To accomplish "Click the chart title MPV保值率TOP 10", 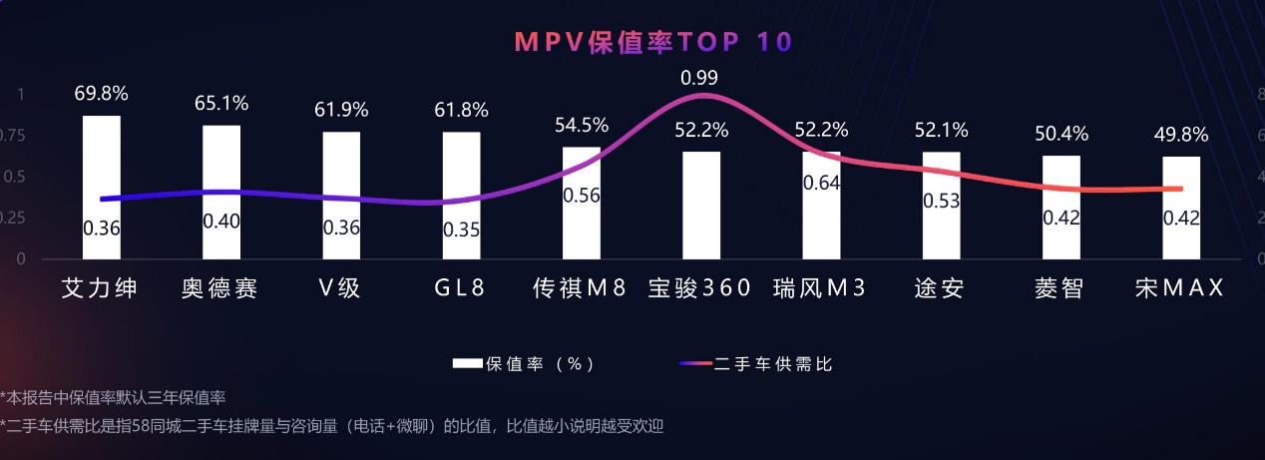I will [652, 42].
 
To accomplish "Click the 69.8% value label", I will [102, 94].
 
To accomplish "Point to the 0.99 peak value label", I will [699, 78].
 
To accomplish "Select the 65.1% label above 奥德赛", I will [221, 103].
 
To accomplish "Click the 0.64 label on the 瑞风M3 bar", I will [821, 182].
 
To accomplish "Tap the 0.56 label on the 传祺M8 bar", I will [582, 196].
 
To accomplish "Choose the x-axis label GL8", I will [460, 289].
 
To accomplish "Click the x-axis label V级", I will [339, 289].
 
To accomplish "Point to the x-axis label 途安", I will [939, 289].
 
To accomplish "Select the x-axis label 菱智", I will [1058, 289].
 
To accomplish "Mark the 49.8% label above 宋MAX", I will [1181, 135].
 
